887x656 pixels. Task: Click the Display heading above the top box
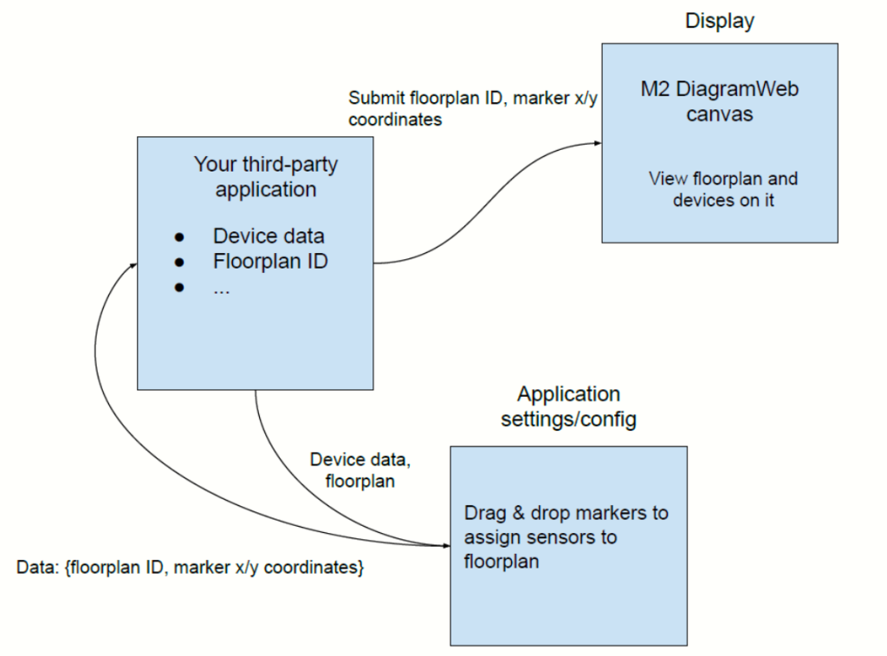[x=719, y=20]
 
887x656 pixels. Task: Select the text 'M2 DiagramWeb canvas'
[x=719, y=101]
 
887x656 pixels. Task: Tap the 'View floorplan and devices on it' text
[x=722, y=190]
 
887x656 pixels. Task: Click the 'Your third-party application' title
[x=266, y=176]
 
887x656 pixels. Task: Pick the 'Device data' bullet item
[x=269, y=236]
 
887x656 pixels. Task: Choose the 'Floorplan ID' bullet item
[x=270, y=261]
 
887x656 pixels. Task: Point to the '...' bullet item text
[x=222, y=289]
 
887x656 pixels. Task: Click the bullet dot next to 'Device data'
[x=180, y=236]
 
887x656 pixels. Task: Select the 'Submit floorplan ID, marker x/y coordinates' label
[x=472, y=109]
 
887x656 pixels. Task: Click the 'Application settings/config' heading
[x=569, y=406]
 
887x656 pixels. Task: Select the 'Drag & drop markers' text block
[x=566, y=536]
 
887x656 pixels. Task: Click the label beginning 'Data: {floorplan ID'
[x=190, y=568]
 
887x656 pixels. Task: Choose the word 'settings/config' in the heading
[x=569, y=419]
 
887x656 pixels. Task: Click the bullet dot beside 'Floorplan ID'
[x=180, y=261]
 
